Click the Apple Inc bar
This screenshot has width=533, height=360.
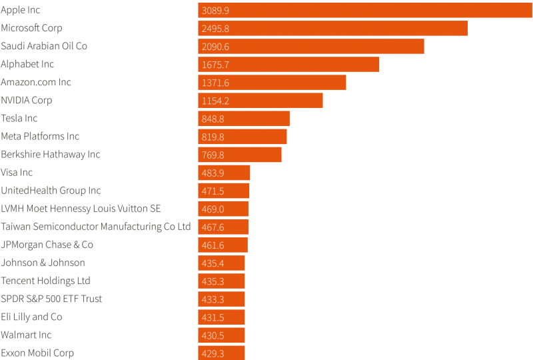(x=364, y=10)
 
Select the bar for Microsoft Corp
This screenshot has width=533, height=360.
(x=332, y=28)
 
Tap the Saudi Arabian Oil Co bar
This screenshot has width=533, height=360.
(x=311, y=46)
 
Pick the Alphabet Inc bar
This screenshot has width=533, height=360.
(x=288, y=64)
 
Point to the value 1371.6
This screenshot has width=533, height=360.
(x=215, y=83)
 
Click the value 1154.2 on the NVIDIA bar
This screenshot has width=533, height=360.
(x=215, y=101)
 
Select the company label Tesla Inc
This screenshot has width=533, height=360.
(x=19, y=118)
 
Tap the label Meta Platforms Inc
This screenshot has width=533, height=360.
(x=40, y=136)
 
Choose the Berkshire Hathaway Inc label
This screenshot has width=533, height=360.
(x=51, y=154)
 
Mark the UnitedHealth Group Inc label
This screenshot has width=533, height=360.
(x=51, y=191)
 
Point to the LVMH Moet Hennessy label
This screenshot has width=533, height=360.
(x=81, y=209)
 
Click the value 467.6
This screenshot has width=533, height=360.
(x=213, y=227)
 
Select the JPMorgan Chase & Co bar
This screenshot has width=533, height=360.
(x=223, y=245)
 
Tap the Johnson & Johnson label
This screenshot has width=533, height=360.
(x=43, y=263)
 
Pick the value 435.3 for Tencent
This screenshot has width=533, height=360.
(x=213, y=281)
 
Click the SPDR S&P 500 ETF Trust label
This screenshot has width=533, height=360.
(x=52, y=299)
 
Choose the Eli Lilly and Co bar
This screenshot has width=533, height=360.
(x=221, y=317)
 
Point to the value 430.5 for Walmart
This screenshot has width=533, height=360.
(x=213, y=335)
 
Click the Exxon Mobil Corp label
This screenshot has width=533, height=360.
(x=37, y=353)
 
